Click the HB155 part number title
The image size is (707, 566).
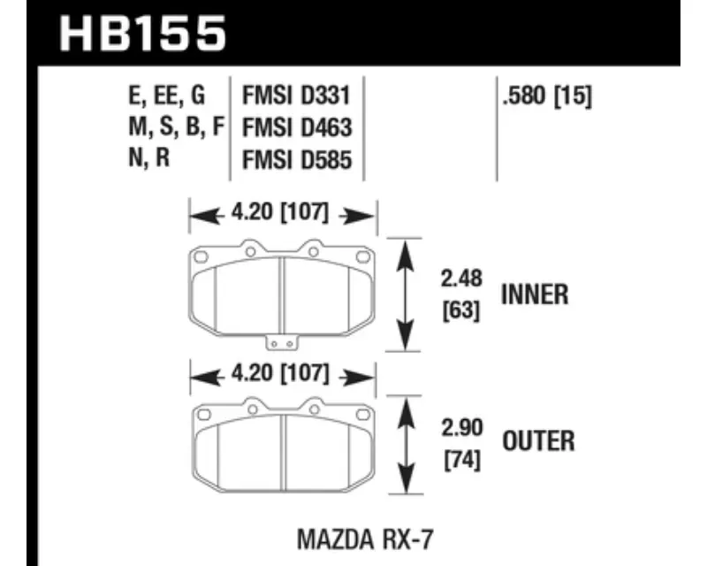[x=142, y=34]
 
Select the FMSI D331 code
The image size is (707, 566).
[x=296, y=96]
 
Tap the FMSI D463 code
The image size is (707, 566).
[x=297, y=127]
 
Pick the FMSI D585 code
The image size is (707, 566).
[x=297, y=160]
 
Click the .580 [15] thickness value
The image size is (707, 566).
[x=547, y=96]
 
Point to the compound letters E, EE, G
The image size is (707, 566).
[x=167, y=96]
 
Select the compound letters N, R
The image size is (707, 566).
[x=148, y=158]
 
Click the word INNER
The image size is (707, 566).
[x=535, y=294]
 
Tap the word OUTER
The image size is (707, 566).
[x=538, y=441]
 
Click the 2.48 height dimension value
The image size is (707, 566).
[x=461, y=278]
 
